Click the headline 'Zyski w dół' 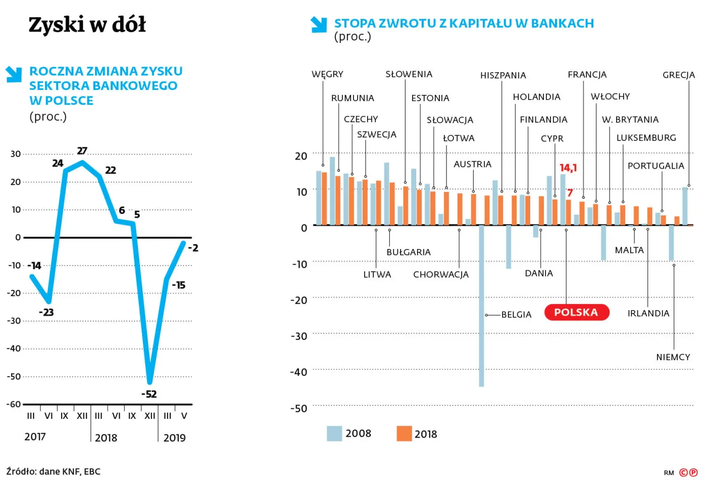87,25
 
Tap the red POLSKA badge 576,312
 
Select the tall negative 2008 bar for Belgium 481,306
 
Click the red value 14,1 568,168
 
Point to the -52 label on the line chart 149,394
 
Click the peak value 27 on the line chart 82,151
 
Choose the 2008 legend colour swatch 334,433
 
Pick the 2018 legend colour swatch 404,433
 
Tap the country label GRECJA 678,75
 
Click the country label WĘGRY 327,74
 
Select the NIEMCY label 673,357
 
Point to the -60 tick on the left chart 14,404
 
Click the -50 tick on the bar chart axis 298,408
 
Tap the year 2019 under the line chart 174,437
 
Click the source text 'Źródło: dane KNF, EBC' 54,471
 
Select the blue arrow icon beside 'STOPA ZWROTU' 319,24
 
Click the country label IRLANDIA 648,313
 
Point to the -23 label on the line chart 46,312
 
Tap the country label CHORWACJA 441,274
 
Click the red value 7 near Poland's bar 570,192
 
